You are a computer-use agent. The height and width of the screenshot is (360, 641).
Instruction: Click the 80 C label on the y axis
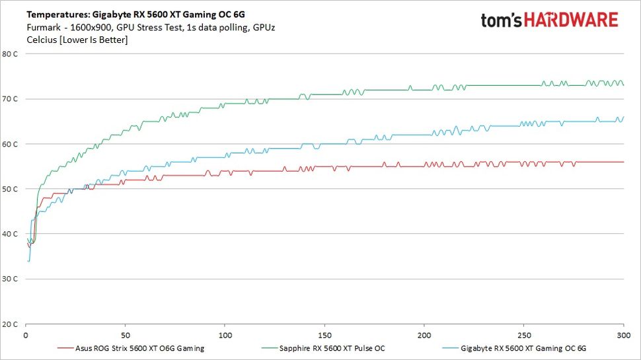[10, 54]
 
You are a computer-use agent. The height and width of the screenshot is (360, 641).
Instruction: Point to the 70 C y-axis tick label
[10, 98]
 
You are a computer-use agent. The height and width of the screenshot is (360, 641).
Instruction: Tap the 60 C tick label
[10, 143]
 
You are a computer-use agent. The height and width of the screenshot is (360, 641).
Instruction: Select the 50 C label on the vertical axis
[10, 189]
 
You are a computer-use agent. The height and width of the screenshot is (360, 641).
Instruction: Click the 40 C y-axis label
[10, 234]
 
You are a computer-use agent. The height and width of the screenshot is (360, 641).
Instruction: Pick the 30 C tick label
[10, 279]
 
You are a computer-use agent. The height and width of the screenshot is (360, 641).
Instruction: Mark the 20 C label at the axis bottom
[10, 324]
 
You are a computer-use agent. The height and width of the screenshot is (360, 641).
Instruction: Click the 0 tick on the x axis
[25, 335]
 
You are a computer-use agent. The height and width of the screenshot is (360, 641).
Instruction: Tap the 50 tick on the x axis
[125, 335]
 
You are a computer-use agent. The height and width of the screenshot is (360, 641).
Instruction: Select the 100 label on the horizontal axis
[225, 335]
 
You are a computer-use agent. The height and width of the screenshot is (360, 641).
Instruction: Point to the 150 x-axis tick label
[324, 335]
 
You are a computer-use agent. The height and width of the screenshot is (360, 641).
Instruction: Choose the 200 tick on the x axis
[424, 335]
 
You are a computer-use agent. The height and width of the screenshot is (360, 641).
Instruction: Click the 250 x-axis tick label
[524, 335]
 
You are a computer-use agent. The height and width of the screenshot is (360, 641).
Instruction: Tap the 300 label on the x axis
[623, 335]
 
